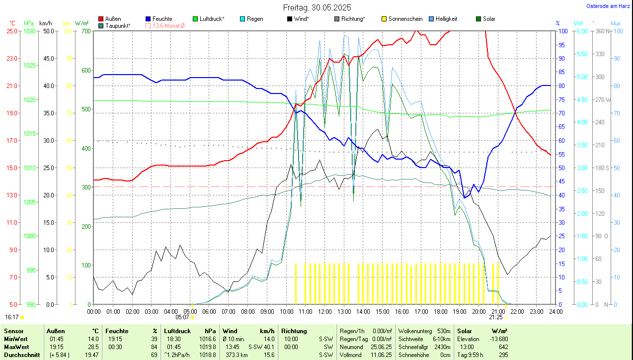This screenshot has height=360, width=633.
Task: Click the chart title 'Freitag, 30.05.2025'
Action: (316, 7)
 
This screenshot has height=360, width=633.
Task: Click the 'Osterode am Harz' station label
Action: (608, 6)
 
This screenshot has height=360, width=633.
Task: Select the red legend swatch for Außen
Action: (101, 19)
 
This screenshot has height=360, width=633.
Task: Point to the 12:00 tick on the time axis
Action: (324, 311)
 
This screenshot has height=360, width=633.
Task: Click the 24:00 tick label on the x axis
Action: (555, 311)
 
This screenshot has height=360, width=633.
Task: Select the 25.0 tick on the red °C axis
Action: (11, 31)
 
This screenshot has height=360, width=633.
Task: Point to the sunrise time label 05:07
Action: (182, 317)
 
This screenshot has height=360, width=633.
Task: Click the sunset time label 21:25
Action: (495, 317)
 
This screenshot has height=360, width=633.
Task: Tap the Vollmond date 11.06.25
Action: (380, 355)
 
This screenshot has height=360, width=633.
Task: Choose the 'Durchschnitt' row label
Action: (19, 355)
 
